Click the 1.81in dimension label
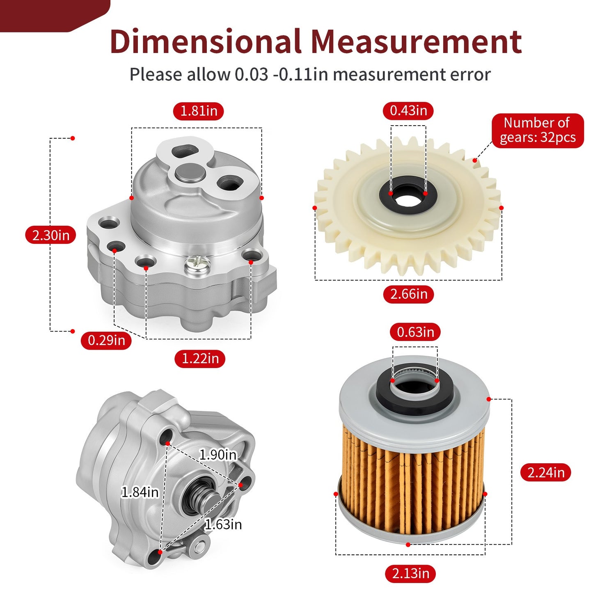pyautogui.click(x=199, y=111)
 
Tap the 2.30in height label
pyautogui.click(x=50, y=235)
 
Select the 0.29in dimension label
pyautogui.click(x=106, y=340)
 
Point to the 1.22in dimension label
pyautogui.click(x=200, y=359)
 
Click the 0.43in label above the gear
pyautogui.click(x=408, y=111)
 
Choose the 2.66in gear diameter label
pyautogui.click(x=409, y=294)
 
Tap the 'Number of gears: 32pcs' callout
pyautogui.click(x=538, y=131)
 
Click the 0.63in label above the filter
pyautogui.click(x=415, y=332)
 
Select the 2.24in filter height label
pyautogui.click(x=546, y=472)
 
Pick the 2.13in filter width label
pyautogui.click(x=410, y=573)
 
